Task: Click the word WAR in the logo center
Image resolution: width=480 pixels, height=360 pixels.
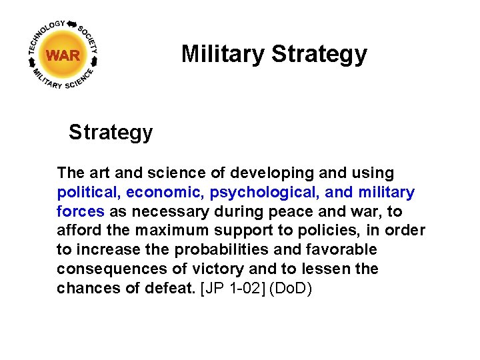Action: point(63,55)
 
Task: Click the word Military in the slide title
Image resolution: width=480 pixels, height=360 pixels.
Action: point(223,54)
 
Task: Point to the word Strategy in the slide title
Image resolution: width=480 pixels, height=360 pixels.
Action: point(319,54)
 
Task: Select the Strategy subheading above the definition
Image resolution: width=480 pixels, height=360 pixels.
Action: point(111,132)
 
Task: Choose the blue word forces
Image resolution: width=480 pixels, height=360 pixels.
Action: point(81,212)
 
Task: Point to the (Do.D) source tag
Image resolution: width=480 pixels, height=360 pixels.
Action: point(289,289)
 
